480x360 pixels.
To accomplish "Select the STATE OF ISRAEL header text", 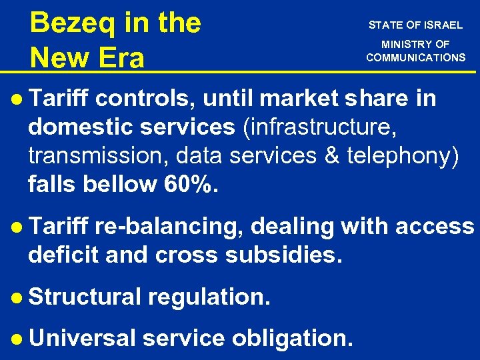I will click(x=415, y=25).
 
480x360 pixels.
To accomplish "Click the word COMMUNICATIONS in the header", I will click(x=415, y=57).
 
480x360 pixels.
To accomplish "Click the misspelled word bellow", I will click(x=121, y=183).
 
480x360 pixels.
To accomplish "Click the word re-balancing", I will click(x=169, y=227).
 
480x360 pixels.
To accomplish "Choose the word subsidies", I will click(x=289, y=255).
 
